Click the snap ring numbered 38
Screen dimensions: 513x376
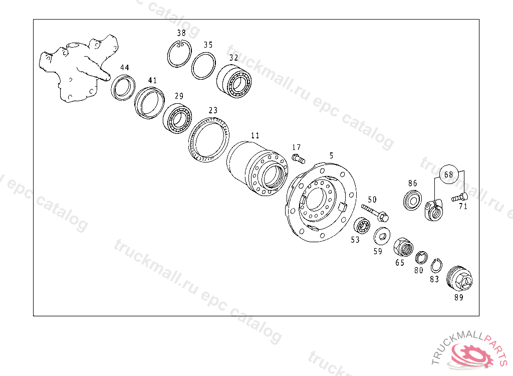168,56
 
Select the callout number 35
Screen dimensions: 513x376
208,45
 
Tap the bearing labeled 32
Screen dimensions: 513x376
234,81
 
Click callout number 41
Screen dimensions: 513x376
152,80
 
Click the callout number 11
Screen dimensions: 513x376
255,135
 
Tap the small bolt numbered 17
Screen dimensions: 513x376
298,159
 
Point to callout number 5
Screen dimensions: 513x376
332,155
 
